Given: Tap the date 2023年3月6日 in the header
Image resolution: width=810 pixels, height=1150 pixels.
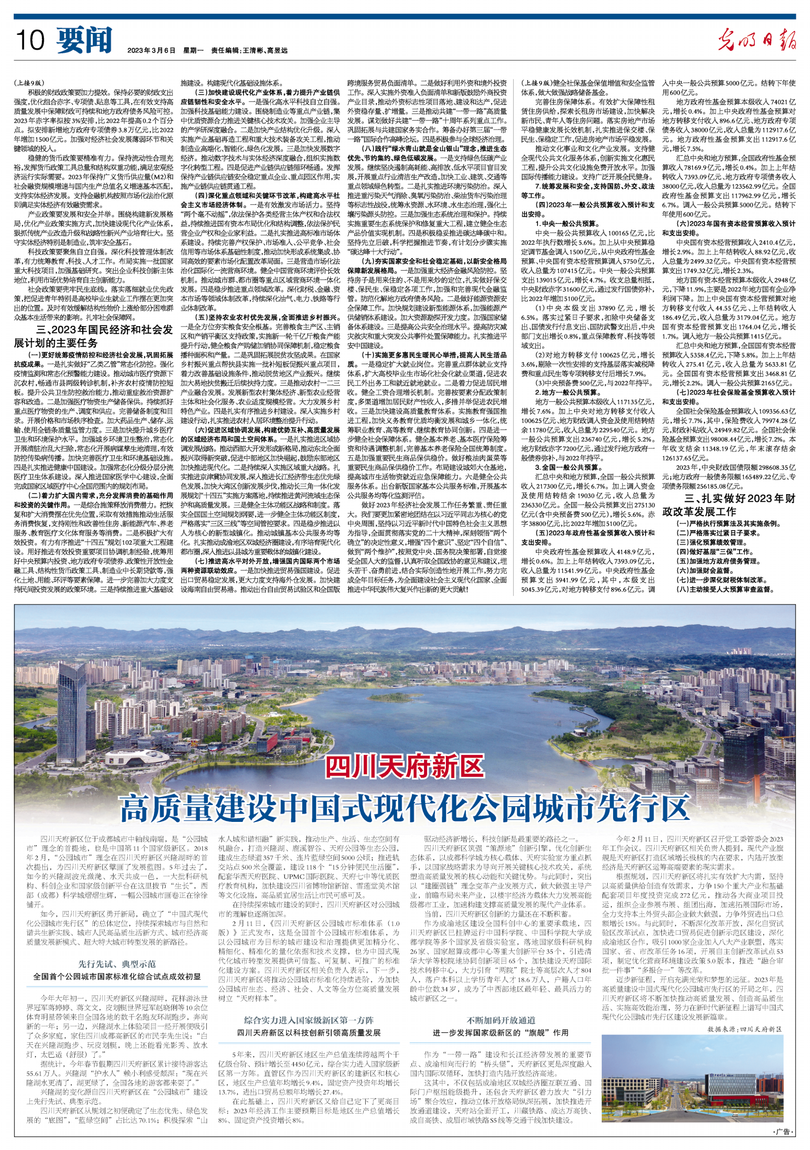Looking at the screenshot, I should [151, 51].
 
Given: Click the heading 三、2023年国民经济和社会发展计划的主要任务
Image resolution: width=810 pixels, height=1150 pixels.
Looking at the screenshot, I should [94, 337].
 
